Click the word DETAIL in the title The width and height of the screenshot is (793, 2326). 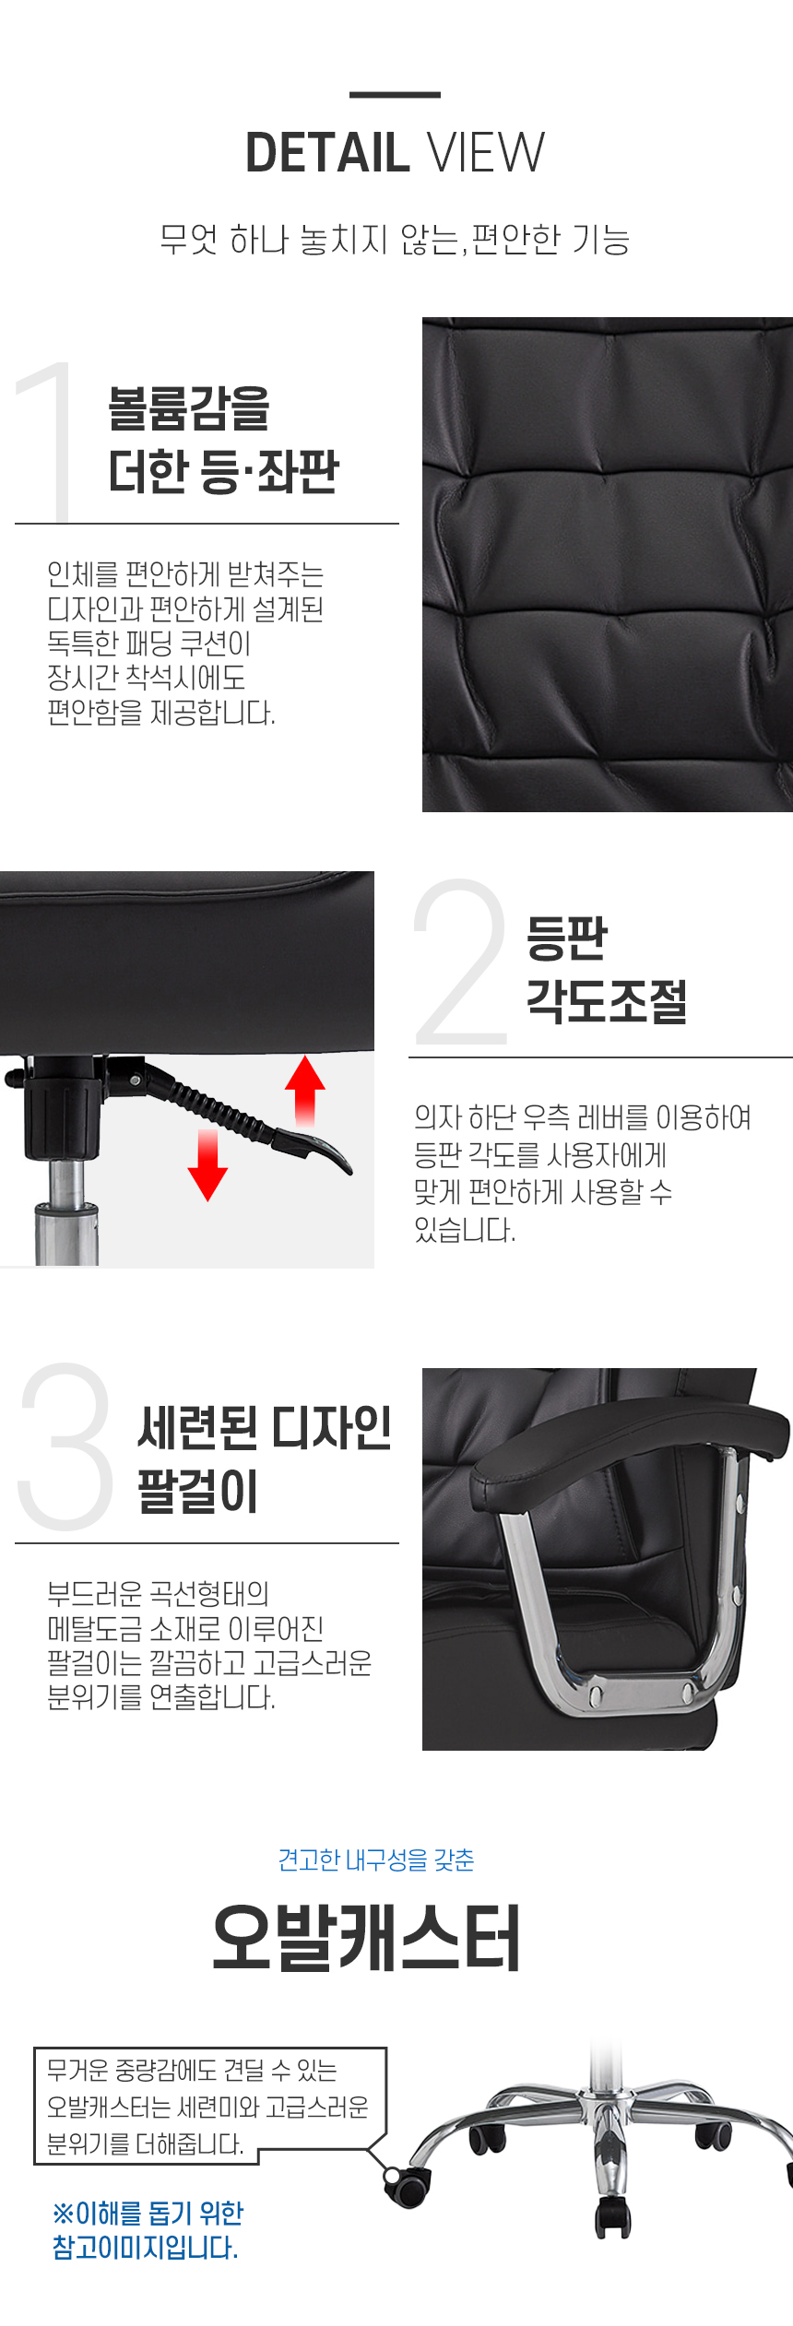point(327,153)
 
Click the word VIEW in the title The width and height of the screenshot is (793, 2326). point(487,153)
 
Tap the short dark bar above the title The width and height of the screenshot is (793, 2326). point(395,94)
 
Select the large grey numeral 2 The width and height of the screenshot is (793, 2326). point(460,962)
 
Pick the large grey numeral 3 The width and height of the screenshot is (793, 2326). point(65,1445)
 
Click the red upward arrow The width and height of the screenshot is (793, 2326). point(305,1090)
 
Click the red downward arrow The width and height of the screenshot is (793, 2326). point(207,1165)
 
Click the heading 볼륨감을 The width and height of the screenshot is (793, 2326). point(189,408)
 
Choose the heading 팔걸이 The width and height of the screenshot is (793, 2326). point(197,1491)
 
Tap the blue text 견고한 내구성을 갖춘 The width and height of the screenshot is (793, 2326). point(376,1860)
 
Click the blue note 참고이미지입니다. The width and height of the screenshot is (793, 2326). point(146,2247)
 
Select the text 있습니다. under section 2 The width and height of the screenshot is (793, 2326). point(465,1229)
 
